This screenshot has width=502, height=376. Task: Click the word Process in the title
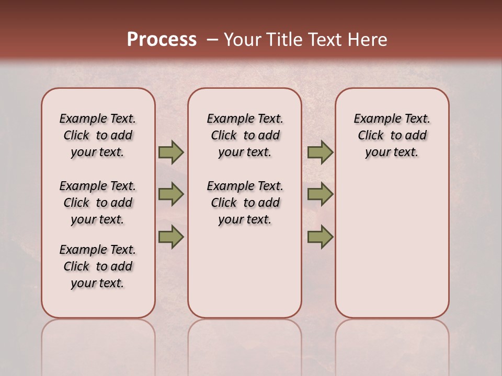[x=162, y=39]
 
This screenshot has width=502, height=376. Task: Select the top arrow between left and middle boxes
[x=171, y=152]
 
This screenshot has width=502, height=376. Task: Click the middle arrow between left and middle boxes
[x=171, y=194]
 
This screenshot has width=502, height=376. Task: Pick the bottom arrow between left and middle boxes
[x=171, y=237]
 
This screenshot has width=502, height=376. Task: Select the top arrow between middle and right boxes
[x=320, y=152]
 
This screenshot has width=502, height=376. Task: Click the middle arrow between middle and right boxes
[x=320, y=194]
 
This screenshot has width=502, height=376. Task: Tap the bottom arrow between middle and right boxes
[x=320, y=237]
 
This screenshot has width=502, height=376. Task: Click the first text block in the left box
[x=98, y=135]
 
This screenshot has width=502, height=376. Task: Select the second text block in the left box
[x=98, y=203]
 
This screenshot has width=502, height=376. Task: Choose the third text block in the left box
[x=98, y=266]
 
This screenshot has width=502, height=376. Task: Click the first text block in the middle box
[x=245, y=135]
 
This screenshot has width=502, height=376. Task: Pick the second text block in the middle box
[x=245, y=203]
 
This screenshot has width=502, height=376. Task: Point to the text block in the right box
[x=392, y=135]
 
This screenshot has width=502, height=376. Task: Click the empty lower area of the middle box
[x=245, y=272]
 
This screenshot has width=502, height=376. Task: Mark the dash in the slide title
[x=212, y=40]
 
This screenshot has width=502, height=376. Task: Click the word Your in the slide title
[x=242, y=40]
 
